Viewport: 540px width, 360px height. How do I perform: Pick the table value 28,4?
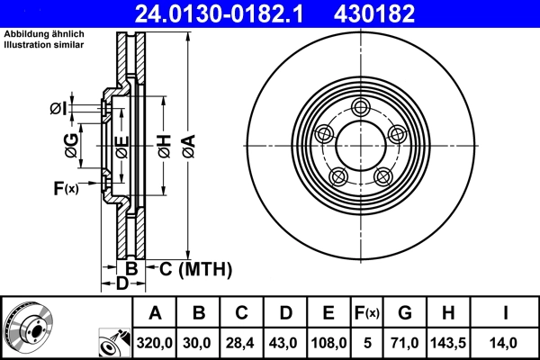pyautogui.click(x=241, y=343)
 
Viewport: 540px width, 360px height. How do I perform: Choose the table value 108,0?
pyautogui.click(x=328, y=343)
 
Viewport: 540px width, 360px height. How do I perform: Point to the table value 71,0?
pyautogui.click(x=405, y=343)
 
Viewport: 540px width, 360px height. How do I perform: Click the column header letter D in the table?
pyautogui.click(x=284, y=313)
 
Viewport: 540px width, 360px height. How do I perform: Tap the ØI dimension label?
pyautogui.click(x=58, y=109)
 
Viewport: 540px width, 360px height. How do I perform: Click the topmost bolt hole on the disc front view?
pyautogui.click(x=361, y=109)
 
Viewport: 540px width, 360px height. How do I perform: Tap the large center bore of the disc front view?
pyautogui.click(x=361, y=144)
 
